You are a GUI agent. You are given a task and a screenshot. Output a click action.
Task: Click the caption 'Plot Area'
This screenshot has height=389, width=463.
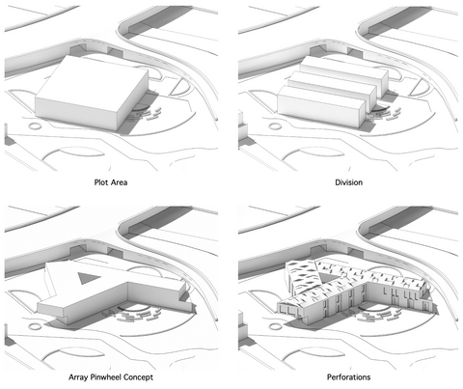(x=111, y=182)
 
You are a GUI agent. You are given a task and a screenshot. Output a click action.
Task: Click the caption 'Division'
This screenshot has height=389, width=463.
(x=348, y=182)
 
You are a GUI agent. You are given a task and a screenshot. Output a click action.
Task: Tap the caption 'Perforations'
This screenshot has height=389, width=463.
(x=348, y=377)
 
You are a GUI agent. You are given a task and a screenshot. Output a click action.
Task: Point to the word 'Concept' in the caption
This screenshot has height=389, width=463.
(x=138, y=377)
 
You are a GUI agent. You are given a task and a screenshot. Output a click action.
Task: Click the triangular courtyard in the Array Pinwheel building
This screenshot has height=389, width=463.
(x=88, y=277)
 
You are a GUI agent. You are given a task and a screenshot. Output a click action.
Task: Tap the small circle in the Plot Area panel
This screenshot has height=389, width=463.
(x=35, y=125)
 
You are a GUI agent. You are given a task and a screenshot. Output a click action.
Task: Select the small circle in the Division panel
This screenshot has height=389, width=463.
(x=275, y=125)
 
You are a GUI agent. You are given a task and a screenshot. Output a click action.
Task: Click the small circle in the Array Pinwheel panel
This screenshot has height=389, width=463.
(x=35, y=326)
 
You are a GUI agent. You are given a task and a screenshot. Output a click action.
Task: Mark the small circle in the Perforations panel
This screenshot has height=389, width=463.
(x=275, y=326)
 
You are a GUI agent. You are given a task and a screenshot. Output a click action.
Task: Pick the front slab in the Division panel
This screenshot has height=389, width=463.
(x=321, y=105)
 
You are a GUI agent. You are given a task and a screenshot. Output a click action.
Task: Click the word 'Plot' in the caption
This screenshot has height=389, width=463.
(x=100, y=182)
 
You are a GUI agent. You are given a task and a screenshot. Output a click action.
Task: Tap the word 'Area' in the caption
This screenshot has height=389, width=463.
(x=119, y=182)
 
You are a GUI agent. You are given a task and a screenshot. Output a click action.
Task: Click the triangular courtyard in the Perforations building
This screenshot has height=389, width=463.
(x=327, y=276)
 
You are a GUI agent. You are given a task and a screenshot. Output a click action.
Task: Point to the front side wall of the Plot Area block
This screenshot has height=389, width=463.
(x=76, y=113)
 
